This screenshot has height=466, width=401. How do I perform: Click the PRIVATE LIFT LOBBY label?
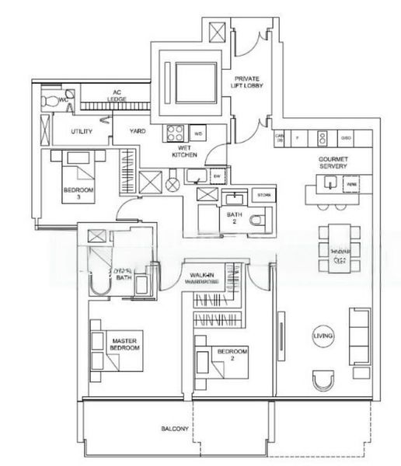(x=250, y=85)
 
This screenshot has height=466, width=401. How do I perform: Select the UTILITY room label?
(x=82, y=131)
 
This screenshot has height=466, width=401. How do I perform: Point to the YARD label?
(x=138, y=131)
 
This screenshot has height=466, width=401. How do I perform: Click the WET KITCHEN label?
(x=184, y=151)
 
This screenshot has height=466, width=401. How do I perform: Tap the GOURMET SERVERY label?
(x=333, y=162)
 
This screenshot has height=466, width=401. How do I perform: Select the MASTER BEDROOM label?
(x=124, y=344)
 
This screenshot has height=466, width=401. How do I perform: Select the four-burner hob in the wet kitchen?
(x=174, y=133)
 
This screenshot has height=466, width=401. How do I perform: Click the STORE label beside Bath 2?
(x=263, y=195)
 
